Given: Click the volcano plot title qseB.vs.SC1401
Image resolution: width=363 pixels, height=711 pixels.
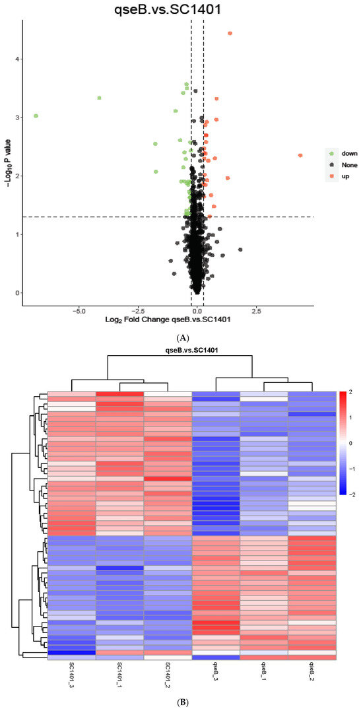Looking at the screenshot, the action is [x=167, y=9].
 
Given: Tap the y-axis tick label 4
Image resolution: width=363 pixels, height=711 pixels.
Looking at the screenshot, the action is [x=16, y=59].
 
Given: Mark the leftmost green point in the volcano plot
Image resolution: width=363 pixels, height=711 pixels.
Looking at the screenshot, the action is [x=36, y=116].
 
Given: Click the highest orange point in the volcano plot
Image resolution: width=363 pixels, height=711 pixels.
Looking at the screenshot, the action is [x=230, y=34].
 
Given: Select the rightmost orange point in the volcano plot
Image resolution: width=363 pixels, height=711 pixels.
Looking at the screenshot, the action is [x=300, y=156].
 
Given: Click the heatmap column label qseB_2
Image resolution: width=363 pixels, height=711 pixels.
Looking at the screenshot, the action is [x=312, y=673].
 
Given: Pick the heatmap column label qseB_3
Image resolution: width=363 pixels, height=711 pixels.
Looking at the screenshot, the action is [x=216, y=673].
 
